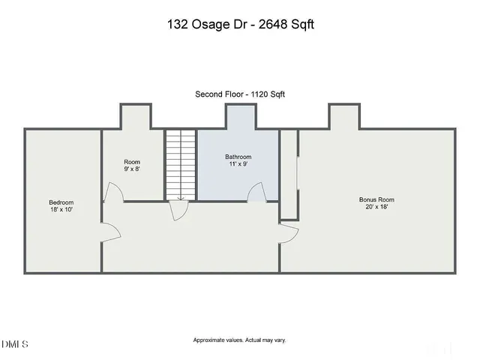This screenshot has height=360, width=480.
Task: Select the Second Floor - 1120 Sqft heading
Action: (x=239, y=94)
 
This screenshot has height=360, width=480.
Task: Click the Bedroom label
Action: (x=61, y=202)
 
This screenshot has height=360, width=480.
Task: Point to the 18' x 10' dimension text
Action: (x=61, y=210)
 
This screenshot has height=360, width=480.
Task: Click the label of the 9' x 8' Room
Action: (x=132, y=162)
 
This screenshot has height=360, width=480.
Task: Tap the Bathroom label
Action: (x=238, y=157)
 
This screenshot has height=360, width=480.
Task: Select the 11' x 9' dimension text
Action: (x=238, y=164)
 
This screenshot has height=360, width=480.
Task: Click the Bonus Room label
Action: (x=376, y=199)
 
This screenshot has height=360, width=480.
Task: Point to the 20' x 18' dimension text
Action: (x=376, y=207)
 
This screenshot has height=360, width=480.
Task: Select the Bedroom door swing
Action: (x=111, y=231)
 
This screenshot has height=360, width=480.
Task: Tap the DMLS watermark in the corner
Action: (x=15, y=344)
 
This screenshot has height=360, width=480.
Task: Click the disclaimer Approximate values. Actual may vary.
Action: (x=239, y=340)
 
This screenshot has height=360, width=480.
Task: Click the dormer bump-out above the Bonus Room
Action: (x=344, y=116)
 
